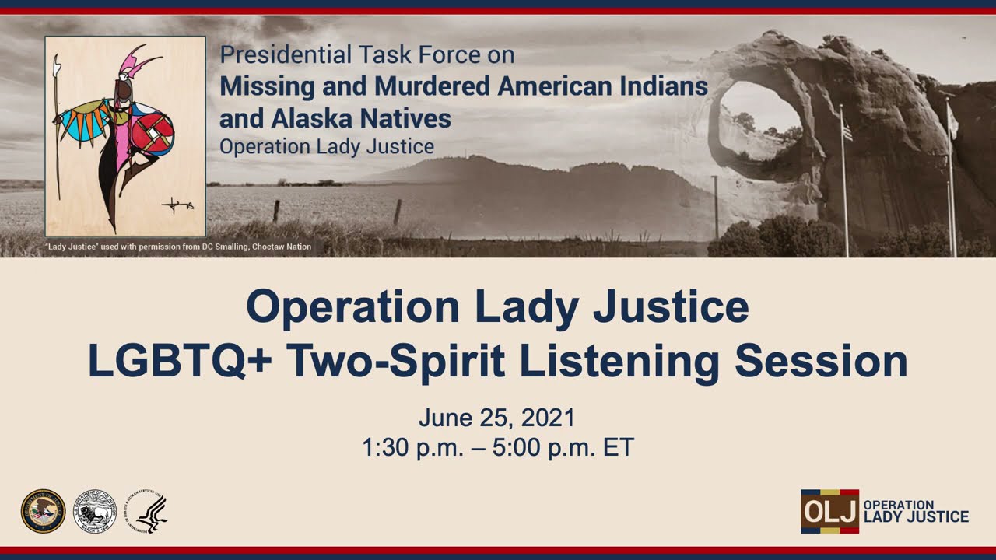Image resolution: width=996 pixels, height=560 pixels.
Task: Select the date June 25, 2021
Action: click(x=496, y=418)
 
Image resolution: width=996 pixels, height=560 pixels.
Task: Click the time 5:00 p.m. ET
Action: click(x=563, y=447)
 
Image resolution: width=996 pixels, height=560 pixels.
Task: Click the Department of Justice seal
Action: click(x=43, y=511)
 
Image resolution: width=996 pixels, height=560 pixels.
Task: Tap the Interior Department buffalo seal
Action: click(x=95, y=511)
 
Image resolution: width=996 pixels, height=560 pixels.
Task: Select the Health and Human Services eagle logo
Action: click(x=148, y=511)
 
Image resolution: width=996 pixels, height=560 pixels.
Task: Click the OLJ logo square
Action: click(x=829, y=511)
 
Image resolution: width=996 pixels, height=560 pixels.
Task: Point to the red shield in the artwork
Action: click(x=153, y=133)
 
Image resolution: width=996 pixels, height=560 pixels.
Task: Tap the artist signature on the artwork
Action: click(x=177, y=205)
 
